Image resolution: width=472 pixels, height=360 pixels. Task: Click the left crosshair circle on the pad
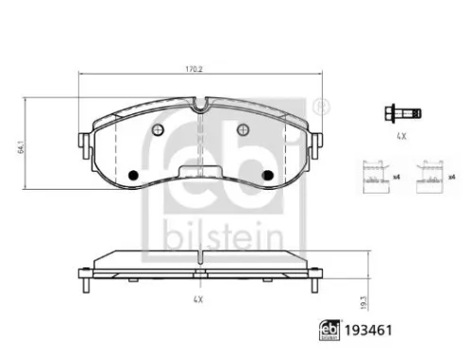[159, 129]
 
